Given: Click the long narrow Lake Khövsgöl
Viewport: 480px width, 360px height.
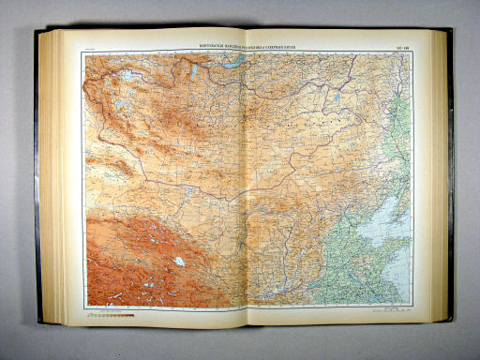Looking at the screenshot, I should click(194, 70).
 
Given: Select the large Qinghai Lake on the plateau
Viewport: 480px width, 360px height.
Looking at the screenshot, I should click(178, 262).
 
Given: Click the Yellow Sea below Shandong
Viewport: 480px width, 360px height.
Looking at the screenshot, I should click(398, 277).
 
